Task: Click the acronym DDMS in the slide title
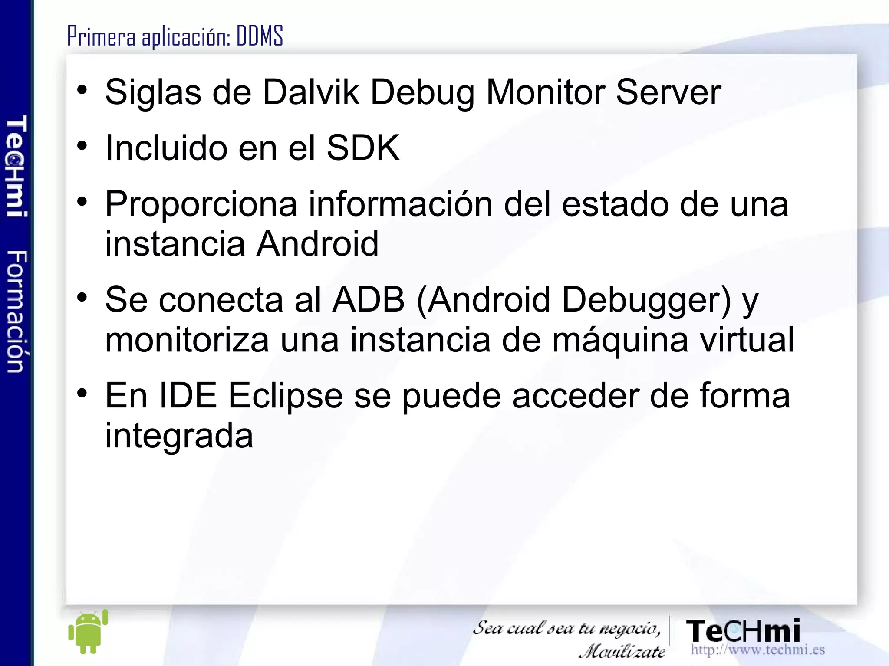(x=260, y=36)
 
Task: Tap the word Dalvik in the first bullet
(x=311, y=92)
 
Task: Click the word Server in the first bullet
(x=668, y=92)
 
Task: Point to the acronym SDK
(x=362, y=148)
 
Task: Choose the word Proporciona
(x=201, y=205)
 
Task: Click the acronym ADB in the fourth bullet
(x=369, y=300)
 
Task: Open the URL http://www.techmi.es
(x=757, y=650)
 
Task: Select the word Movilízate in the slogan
(x=622, y=651)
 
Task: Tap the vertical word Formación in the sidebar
(x=17, y=311)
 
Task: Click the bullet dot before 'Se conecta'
(x=82, y=298)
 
